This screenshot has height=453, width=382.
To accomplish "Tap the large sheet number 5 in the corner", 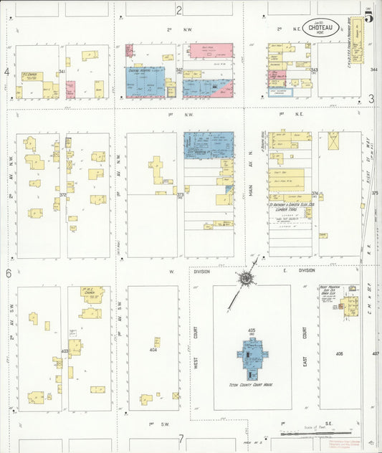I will point(368,17).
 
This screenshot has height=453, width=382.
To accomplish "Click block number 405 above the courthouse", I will point(252,330).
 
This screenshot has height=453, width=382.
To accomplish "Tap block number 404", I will point(153,350).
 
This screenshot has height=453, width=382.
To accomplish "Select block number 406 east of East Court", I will point(339,354).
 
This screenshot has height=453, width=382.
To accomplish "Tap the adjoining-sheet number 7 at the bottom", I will point(182,439).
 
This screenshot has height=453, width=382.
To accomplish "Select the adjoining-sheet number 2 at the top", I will point(179,9).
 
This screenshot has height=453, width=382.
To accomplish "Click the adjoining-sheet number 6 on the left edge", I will point(9,273).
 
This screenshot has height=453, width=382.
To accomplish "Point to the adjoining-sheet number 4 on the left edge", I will point(7,72).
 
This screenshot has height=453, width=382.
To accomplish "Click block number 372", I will point(63,194).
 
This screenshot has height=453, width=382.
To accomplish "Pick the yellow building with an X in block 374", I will point(333,141).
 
